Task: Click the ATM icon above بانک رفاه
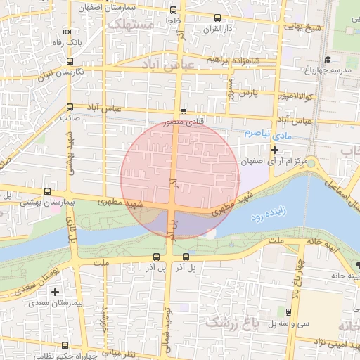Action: pyautogui.click(x=67, y=32)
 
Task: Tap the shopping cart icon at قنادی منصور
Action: pyautogui.click(x=184, y=110)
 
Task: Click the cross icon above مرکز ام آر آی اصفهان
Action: pyautogui.click(x=274, y=150)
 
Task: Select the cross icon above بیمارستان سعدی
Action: pyautogui.click(x=55, y=292)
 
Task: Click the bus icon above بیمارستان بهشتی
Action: pyautogui.click(x=47, y=191)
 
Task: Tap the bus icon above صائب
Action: pyautogui.click(x=69, y=108)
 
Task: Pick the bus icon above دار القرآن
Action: pyautogui.click(x=217, y=18)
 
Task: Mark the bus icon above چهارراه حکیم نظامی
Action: pyautogui.click(x=65, y=345)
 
